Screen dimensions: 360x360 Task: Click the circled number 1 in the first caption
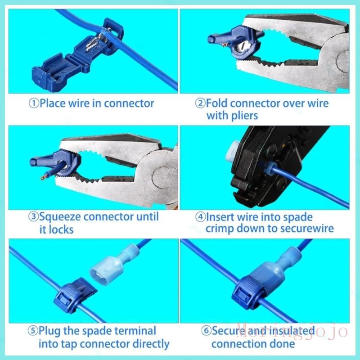34,103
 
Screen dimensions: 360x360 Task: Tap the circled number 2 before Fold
200,103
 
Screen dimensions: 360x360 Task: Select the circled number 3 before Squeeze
33,217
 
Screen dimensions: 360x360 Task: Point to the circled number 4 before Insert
200,217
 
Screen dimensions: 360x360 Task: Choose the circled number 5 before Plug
32,331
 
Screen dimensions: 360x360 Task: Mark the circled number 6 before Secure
206,331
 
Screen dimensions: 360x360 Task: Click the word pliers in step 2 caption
244,116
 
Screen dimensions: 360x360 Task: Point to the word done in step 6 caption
284,344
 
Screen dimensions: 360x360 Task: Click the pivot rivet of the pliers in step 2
343,61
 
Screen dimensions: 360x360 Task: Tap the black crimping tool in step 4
271,165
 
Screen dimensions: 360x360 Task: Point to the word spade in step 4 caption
300,217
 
